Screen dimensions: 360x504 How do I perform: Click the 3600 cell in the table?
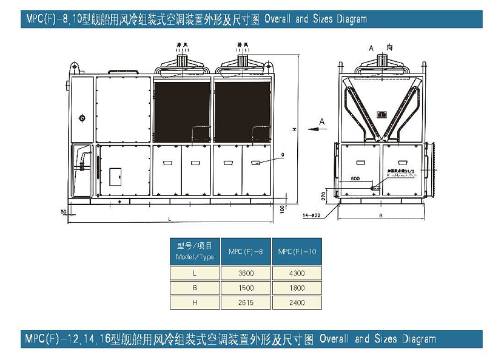point(246,273)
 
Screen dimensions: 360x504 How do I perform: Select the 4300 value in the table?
point(297,273)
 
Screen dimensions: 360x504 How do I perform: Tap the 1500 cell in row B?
point(246,288)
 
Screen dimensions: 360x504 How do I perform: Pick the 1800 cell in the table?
point(297,288)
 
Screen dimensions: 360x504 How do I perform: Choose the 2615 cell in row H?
point(246,302)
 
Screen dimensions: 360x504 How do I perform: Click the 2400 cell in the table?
point(297,302)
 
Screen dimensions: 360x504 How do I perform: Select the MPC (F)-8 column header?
point(246,251)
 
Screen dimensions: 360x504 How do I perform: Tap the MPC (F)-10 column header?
point(297,251)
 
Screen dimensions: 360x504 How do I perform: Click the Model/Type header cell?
point(195,251)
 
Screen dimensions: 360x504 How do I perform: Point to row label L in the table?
point(195,273)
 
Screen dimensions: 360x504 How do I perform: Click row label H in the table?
point(195,302)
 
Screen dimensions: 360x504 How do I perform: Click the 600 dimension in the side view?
point(355,179)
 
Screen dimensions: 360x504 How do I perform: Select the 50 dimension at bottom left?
point(63,211)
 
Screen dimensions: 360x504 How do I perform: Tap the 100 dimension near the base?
point(283,208)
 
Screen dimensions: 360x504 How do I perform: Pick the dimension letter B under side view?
point(380,214)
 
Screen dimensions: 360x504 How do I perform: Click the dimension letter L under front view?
point(169,218)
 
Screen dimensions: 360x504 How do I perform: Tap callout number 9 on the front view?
point(282,155)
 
